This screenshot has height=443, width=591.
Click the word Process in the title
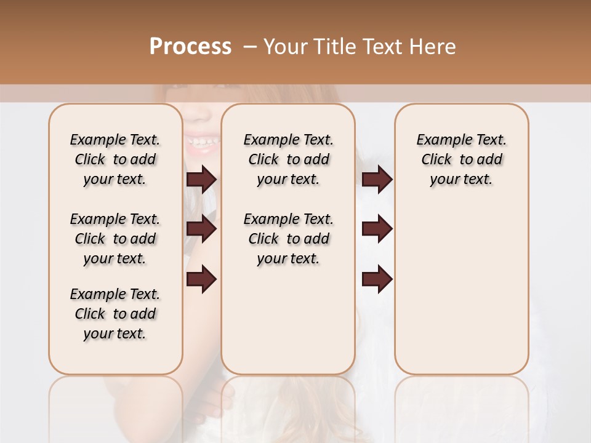pyautogui.click(x=190, y=47)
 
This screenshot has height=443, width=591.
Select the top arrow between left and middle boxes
pyautogui.click(x=201, y=180)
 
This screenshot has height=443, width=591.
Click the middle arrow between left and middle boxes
pyautogui.click(x=201, y=229)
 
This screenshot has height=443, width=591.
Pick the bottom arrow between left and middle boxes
pyautogui.click(x=201, y=279)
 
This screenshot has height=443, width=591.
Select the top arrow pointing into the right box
pyautogui.click(x=377, y=180)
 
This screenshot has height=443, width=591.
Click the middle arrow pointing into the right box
pyautogui.click(x=377, y=229)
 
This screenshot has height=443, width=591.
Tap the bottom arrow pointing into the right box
pyautogui.click(x=377, y=279)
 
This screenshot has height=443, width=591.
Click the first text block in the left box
pyautogui.click(x=115, y=159)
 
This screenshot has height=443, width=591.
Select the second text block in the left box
pyautogui.click(x=115, y=239)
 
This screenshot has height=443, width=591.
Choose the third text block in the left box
pyautogui.click(x=115, y=314)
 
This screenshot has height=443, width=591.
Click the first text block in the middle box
pyautogui.click(x=288, y=159)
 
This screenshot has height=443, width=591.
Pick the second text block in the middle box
pyautogui.click(x=288, y=239)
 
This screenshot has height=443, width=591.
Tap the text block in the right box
pyautogui.click(x=461, y=159)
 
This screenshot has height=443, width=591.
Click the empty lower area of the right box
pyautogui.click(x=461, y=289)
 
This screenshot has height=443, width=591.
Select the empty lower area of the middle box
pyautogui.click(x=288, y=320)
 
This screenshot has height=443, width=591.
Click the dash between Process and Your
pyautogui.click(x=249, y=47)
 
